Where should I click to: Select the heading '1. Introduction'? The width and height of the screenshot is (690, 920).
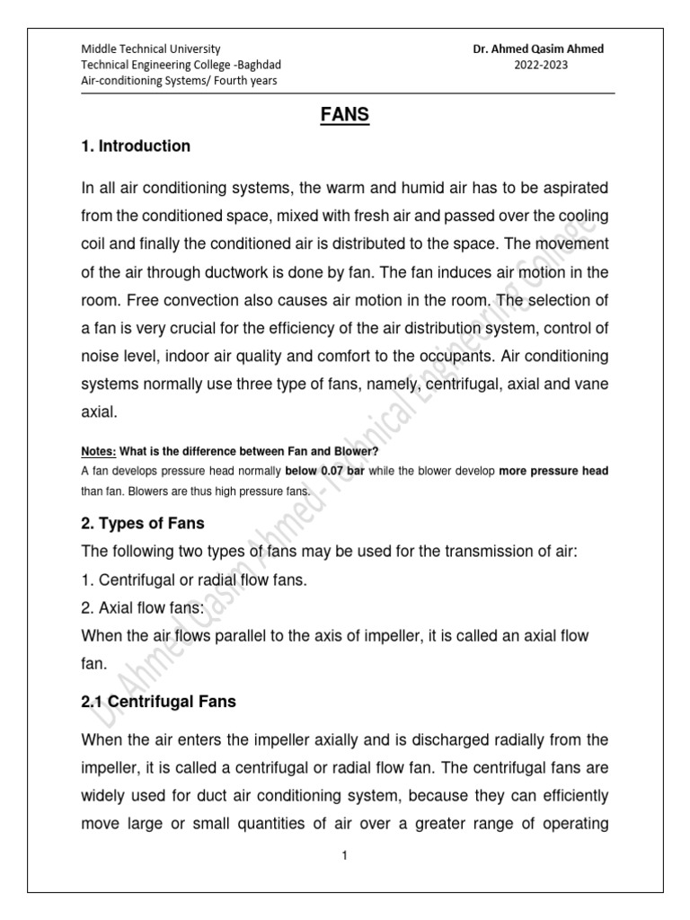(135, 146)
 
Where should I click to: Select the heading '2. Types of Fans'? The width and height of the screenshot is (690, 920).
(144, 523)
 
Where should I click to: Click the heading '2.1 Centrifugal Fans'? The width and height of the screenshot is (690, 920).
(158, 702)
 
